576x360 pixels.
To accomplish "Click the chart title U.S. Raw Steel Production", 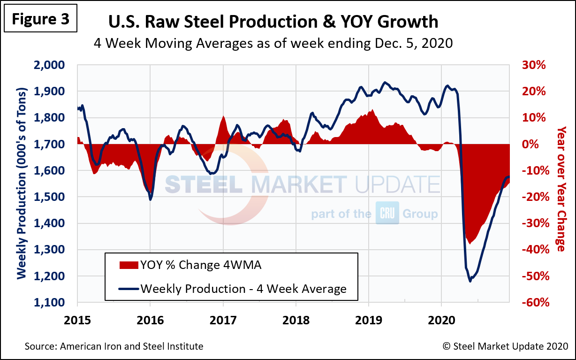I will coord(273,22).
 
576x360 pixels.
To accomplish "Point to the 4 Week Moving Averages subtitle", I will coord(273,43).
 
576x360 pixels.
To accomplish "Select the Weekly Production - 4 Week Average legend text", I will coord(243,288).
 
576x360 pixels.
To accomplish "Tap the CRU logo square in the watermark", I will coord(387,214).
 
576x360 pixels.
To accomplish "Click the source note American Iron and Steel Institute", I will coord(114,346).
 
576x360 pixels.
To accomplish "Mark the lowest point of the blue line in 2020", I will coord(470,281).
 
